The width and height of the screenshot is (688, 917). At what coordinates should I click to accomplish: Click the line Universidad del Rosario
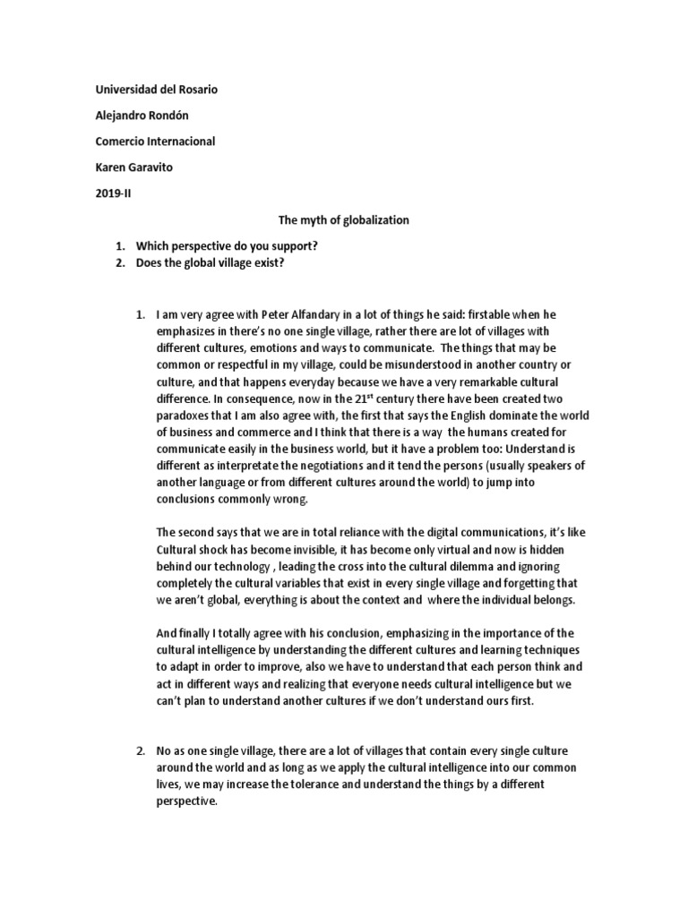pos(156,90)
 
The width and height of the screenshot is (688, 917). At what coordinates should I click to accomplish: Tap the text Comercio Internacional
pos(155,141)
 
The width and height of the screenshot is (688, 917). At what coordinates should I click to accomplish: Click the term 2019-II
pos(115,193)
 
